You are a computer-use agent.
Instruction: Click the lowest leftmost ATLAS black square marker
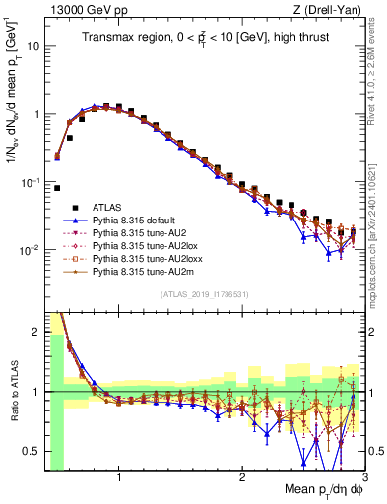pos(57,188)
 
